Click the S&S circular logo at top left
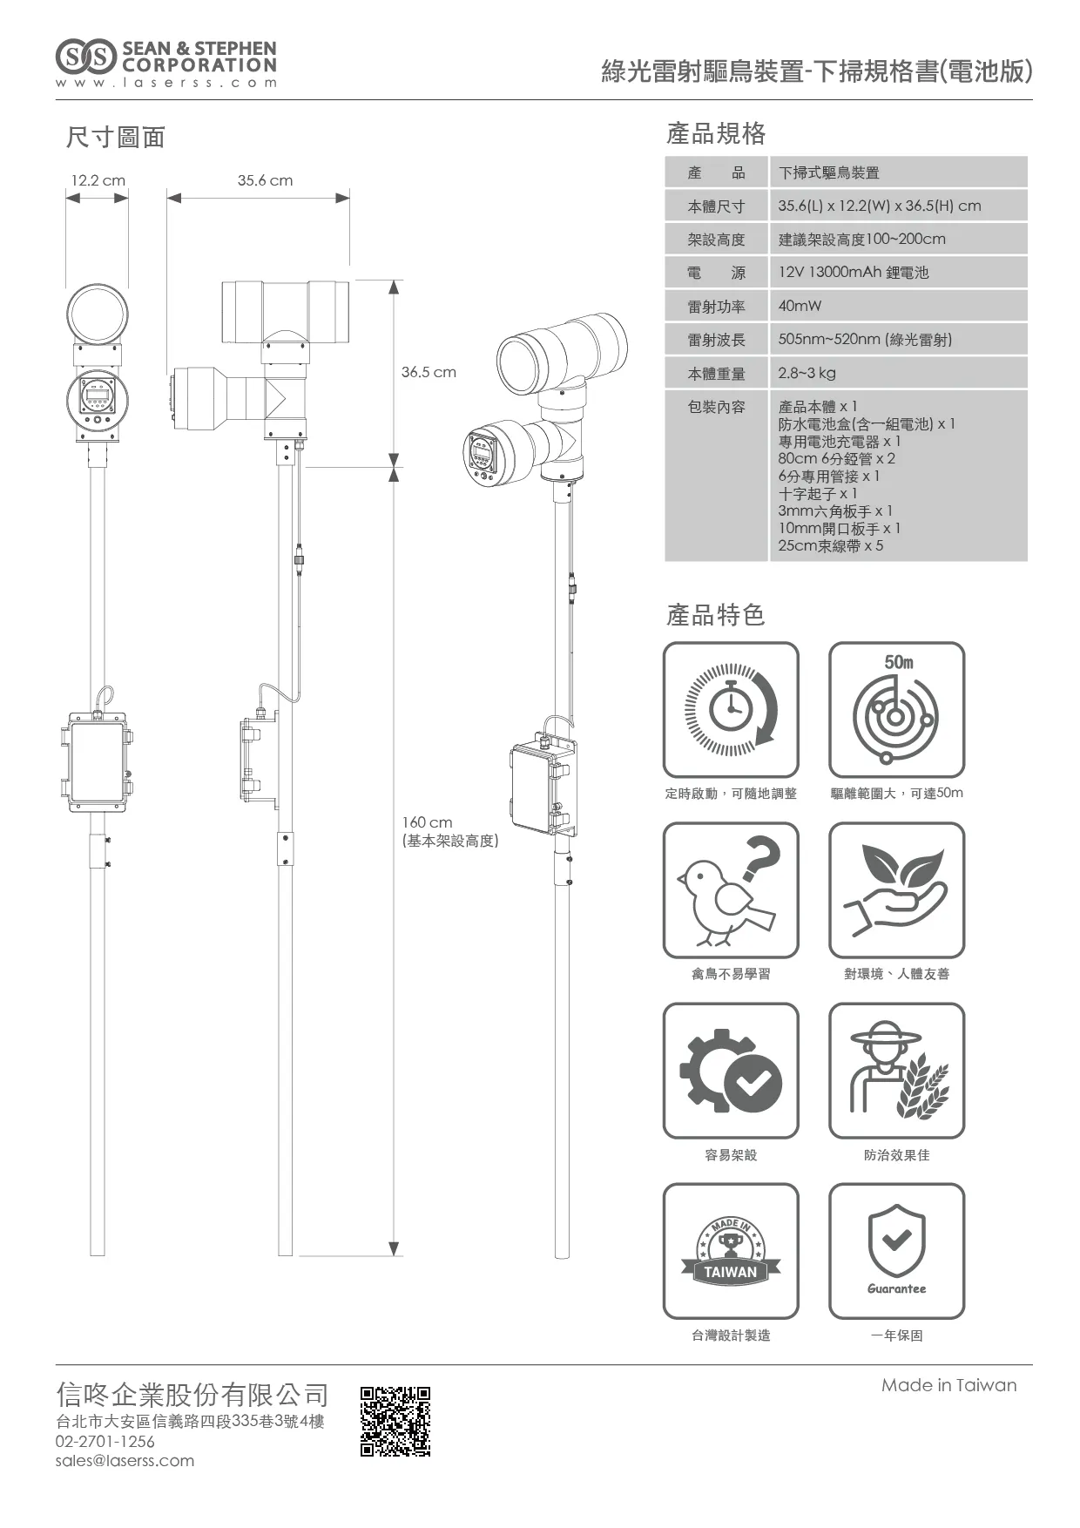pos(85,57)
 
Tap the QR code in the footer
pos(395,1421)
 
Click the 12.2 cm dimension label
pos(98,180)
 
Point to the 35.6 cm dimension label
pos(265,180)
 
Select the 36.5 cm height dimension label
pos(429,372)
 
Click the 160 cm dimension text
pos(427,822)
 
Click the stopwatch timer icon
pos(731,710)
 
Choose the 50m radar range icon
pos(896,710)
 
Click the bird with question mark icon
pos(731,890)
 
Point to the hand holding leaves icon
pos(896,890)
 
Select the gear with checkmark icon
pos(731,1071)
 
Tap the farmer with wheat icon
pos(896,1071)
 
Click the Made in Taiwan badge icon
pos(731,1251)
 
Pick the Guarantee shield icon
pos(896,1251)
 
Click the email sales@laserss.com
pos(125,1461)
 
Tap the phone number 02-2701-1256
pos(105,1442)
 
